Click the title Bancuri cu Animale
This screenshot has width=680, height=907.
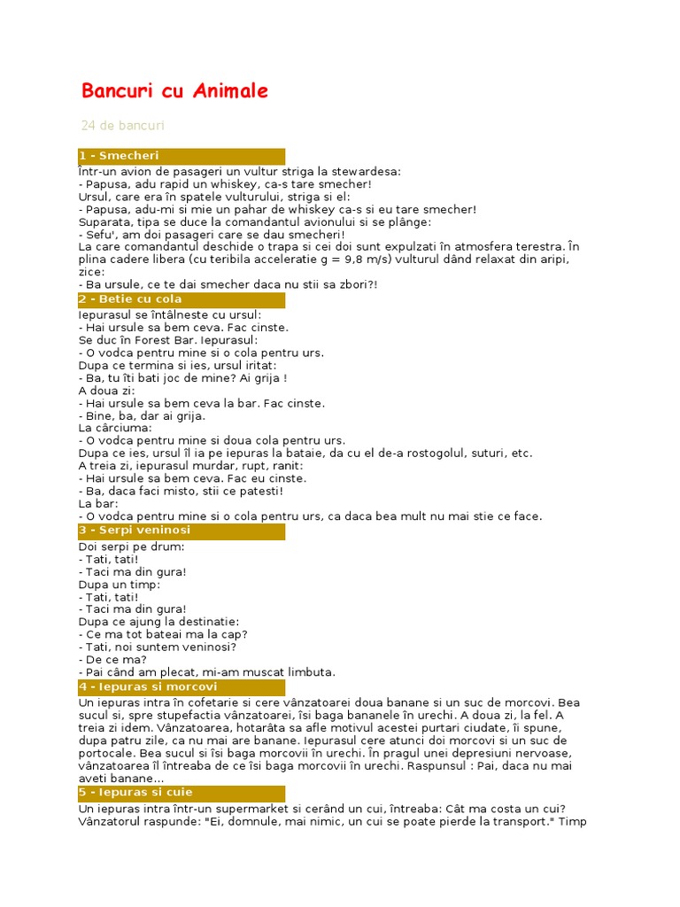(174, 91)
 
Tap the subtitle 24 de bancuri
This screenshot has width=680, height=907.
(122, 126)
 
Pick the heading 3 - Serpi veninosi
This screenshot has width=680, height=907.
(135, 531)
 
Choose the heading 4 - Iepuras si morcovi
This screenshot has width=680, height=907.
(147, 686)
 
